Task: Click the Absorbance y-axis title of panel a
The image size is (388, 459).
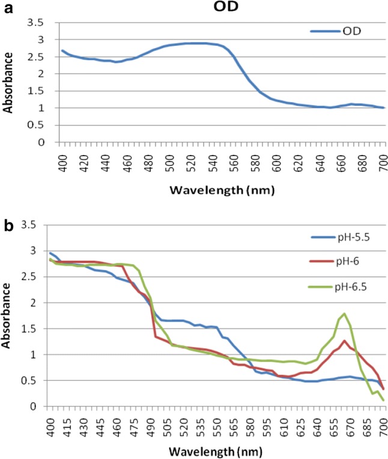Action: [x=8, y=82]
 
